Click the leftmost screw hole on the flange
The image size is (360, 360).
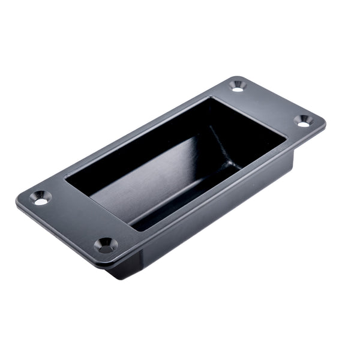[x=40, y=198]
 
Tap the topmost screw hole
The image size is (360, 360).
[x=238, y=86]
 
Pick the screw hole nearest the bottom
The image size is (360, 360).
[x=106, y=244]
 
